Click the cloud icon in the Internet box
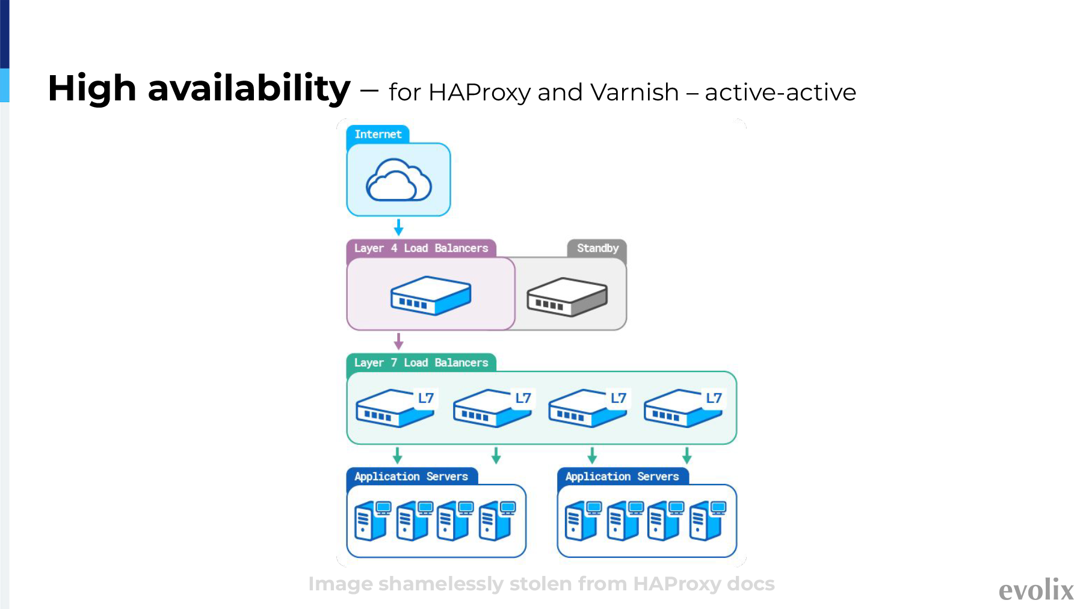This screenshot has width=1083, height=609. pyautogui.click(x=398, y=180)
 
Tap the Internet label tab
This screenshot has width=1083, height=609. pyautogui.click(x=378, y=134)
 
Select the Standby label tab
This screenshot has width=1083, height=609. pyautogui.click(x=597, y=248)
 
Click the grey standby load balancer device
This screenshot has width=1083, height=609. pyautogui.click(x=567, y=297)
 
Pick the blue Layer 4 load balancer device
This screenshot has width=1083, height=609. pyautogui.click(x=431, y=295)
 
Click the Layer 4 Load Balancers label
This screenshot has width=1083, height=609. pyautogui.click(x=421, y=248)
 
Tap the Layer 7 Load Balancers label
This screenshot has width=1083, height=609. pyautogui.click(x=421, y=363)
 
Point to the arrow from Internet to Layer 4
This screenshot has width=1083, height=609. pyautogui.click(x=398, y=227)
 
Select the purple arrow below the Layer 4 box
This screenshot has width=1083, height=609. pyautogui.click(x=398, y=341)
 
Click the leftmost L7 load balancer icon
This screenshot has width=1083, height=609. pyautogui.click(x=395, y=408)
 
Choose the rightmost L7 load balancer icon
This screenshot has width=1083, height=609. pyautogui.click(x=683, y=408)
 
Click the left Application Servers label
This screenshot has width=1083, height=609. pyautogui.click(x=412, y=476)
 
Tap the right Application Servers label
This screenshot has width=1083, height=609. pyautogui.click(x=622, y=476)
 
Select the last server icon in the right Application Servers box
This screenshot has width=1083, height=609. pyautogui.click(x=708, y=521)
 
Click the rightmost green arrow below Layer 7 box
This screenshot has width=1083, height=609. pyautogui.click(x=687, y=455)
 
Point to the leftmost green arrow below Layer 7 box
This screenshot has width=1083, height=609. pyautogui.click(x=397, y=455)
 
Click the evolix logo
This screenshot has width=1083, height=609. pyautogui.click(x=1036, y=590)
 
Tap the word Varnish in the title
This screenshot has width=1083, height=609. pyautogui.click(x=635, y=93)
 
